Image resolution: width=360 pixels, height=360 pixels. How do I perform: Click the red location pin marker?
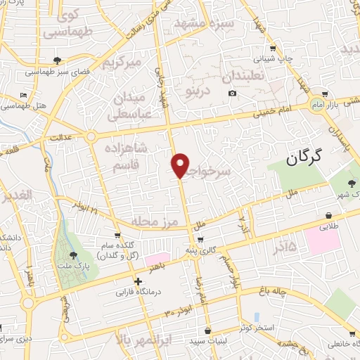click(x=181, y=165)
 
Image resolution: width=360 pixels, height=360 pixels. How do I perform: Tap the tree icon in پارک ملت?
click(x=74, y=256)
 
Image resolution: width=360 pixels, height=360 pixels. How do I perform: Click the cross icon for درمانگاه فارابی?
click(x=139, y=281)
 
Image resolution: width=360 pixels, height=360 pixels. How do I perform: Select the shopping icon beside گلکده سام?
click(x=117, y=236)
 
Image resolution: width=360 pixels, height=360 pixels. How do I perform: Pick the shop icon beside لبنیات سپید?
click(x=207, y=330)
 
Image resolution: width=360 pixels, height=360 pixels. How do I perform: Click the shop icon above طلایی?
click(x=328, y=215)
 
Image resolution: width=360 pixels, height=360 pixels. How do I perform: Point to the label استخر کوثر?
click(x=254, y=328)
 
